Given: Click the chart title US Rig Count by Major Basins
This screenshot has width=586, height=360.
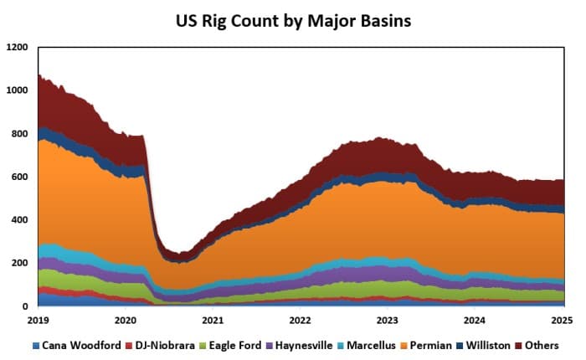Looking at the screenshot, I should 292,21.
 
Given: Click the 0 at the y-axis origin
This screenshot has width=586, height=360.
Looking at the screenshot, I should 26,306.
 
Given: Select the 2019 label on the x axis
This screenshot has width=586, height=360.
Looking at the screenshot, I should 39,320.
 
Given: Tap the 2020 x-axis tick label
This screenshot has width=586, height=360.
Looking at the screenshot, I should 126,320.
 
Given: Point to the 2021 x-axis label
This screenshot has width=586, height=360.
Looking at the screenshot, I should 213,320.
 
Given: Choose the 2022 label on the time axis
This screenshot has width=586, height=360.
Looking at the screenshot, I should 301,320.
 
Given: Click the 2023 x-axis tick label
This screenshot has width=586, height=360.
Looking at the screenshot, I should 388,320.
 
